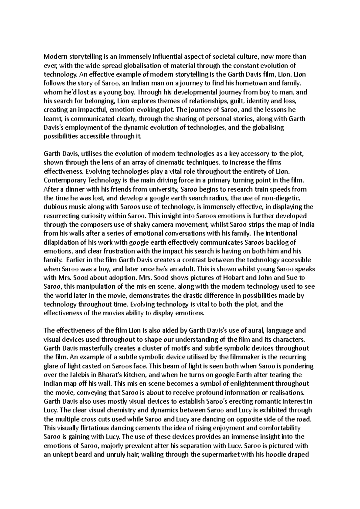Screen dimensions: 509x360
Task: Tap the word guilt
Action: click(x=225, y=101)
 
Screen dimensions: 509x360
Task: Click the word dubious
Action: click(x=55, y=207)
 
